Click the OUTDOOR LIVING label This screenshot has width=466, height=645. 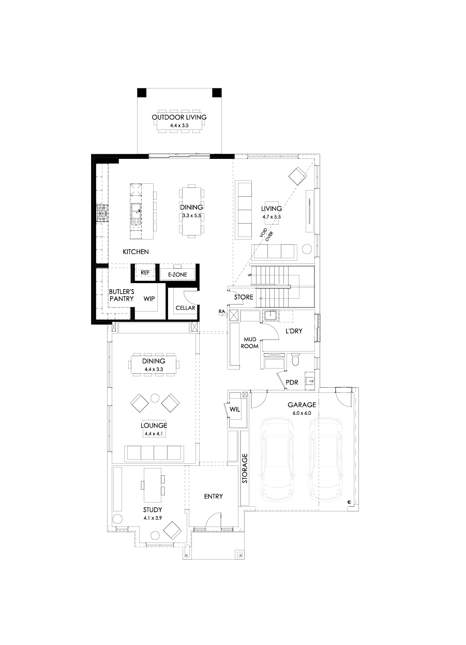tap(179, 117)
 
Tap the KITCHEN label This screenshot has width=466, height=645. tap(136, 252)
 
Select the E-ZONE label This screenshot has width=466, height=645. tap(177, 274)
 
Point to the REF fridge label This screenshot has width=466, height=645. tap(145, 272)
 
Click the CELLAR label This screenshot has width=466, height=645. tap(185, 308)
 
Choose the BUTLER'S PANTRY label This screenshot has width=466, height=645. tap(122, 295)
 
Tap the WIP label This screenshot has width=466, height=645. tap(149, 299)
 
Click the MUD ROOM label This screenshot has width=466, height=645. tap(249, 343)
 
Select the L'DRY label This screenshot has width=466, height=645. tap(294, 331)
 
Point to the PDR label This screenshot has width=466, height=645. tap(292, 384)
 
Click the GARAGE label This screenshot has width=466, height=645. tap(303, 405)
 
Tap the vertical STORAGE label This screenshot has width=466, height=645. tap(245, 468)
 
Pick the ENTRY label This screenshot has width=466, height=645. tap(213, 496)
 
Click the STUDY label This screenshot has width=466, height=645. tap(153, 510)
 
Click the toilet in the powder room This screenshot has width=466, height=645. tap(296, 360)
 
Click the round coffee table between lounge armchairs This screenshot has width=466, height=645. tap(155, 398)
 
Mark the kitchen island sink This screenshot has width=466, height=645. tap(136, 211)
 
